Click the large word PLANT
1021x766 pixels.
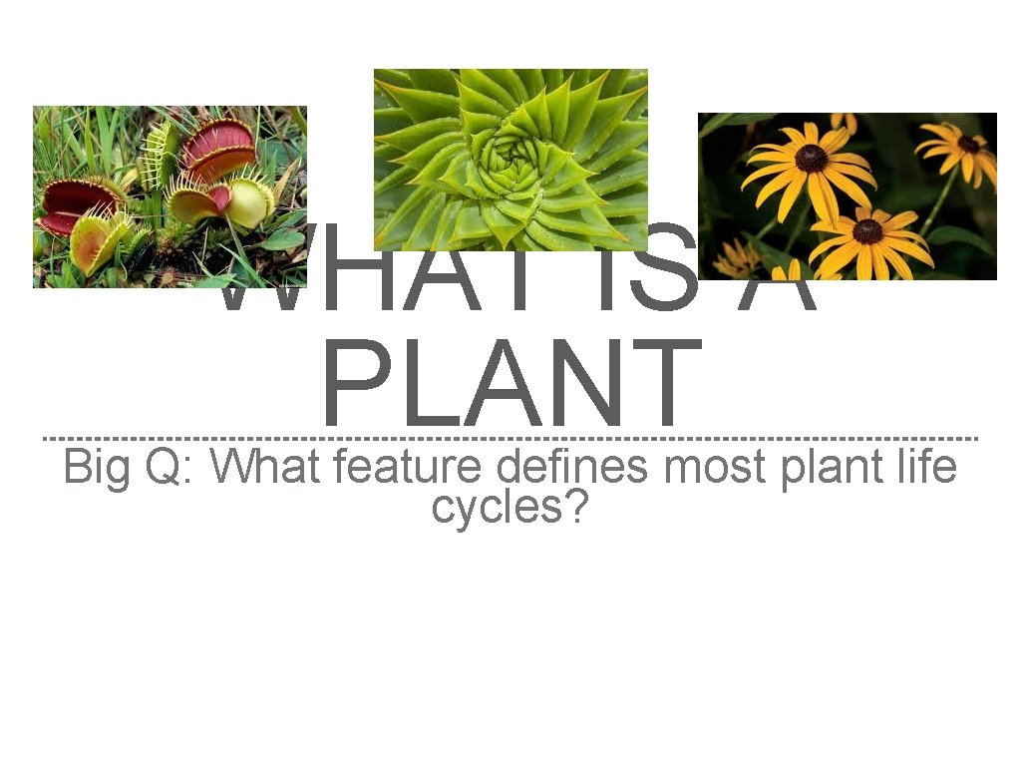[512, 384]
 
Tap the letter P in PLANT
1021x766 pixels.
[351, 384]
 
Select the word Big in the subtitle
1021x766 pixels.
[96, 467]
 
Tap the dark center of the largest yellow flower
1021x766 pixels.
[811, 158]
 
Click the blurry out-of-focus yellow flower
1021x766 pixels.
[738, 259]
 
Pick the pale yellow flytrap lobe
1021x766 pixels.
[249, 201]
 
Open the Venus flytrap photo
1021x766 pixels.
[170, 196]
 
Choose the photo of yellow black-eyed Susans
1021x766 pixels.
[847, 196]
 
